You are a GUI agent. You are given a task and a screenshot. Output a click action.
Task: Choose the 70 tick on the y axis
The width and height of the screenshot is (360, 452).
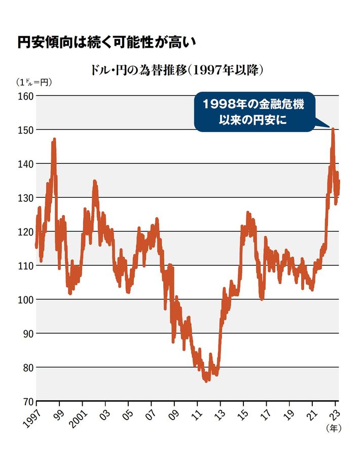pos(25,401)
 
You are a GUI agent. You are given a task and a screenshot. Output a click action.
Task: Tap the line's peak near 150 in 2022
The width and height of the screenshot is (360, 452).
pos(333,129)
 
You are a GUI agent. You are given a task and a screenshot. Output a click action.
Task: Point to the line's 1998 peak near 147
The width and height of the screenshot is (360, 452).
pos(54,140)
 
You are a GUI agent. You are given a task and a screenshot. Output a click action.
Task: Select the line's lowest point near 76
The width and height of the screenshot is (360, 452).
pos(206,380)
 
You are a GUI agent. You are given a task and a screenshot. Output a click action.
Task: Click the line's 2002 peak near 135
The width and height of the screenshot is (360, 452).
pos(94,181)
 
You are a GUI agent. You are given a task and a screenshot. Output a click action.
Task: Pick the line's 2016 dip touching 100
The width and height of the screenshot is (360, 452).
pos(262,299)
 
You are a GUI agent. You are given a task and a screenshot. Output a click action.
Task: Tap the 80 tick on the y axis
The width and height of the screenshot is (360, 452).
pos(25,367)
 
